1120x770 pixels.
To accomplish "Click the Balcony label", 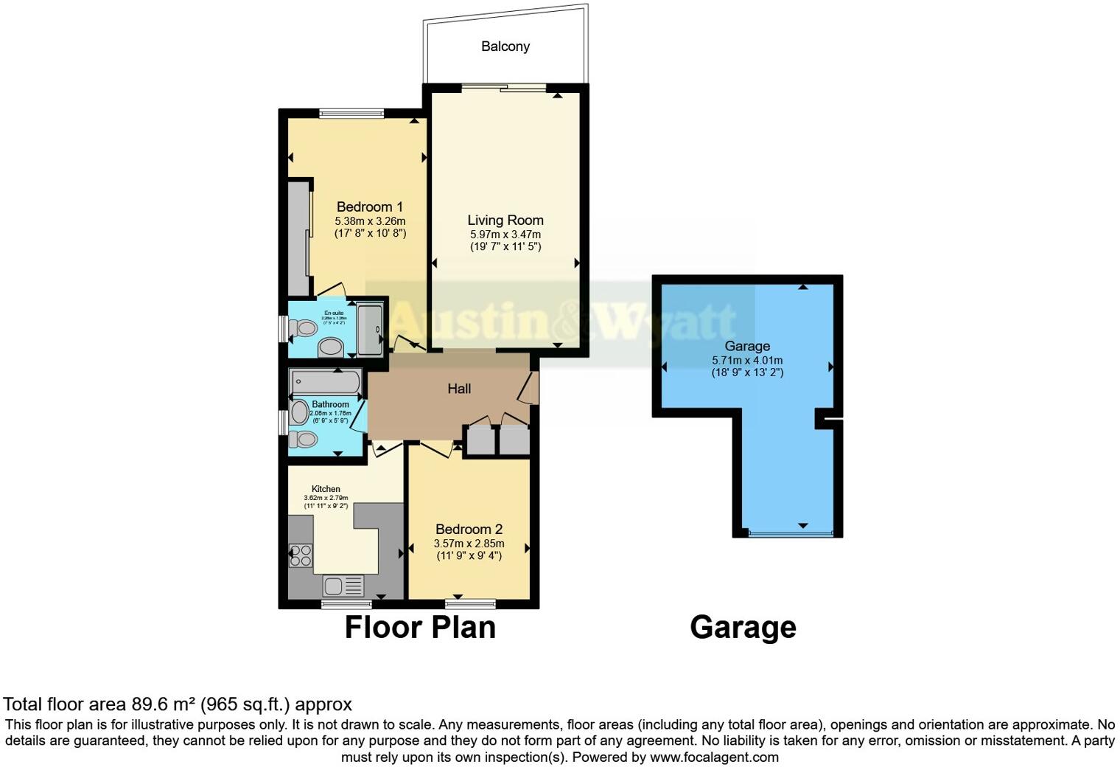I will (505, 46).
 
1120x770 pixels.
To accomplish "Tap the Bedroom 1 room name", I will (369, 207).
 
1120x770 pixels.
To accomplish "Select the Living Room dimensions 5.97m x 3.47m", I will (505, 235).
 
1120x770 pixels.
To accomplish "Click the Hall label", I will (459, 389).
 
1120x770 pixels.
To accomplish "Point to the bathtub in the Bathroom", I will (325, 382).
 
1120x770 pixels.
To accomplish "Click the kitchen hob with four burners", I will (301, 555).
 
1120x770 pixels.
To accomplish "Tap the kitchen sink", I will (343, 586).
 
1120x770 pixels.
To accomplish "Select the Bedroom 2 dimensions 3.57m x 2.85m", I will (469, 544).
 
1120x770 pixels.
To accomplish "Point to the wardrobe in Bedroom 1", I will (298, 237).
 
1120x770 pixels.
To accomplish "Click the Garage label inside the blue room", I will (747, 346).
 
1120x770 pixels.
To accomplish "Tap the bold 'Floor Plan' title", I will (420, 628).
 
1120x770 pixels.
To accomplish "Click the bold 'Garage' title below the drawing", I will (743, 628).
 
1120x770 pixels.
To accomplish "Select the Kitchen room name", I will (326, 489).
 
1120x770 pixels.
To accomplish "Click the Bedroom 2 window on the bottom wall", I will (470, 603).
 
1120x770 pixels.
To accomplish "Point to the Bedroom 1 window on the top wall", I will (351, 114).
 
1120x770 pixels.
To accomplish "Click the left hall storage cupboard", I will (480, 440).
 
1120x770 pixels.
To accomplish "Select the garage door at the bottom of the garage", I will (791, 533).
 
